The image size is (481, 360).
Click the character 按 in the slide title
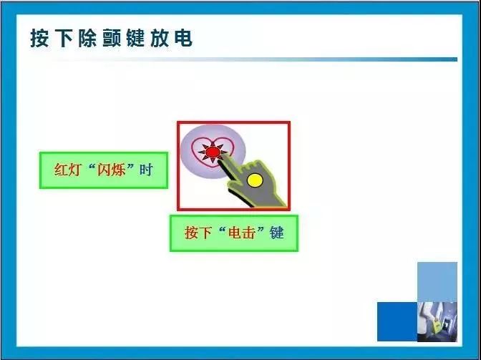(x=39, y=39)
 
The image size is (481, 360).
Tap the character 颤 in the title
(x=112, y=39)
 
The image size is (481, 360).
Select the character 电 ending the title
(x=183, y=39)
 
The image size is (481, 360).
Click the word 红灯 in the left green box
(x=68, y=170)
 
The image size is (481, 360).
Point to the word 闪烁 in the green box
(x=111, y=170)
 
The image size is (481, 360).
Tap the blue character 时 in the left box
(x=146, y=170)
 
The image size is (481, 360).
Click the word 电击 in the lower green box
(x=242, y=233)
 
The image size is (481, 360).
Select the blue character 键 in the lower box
(x=277, y=233)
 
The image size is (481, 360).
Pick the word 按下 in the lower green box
(x=198, y=233)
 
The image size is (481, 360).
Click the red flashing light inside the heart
(x=213, y=152)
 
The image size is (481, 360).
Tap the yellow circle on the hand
(x=255, y=180)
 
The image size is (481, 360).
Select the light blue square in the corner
(x=437, y=282)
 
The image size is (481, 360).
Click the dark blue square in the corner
(x=397, y=321)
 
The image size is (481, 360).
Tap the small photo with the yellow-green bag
(x=437, y=321)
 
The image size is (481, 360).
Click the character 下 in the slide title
(x=64, y=39)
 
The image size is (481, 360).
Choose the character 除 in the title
(x=88, y=39)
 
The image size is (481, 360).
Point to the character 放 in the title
(x=160, y=39)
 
